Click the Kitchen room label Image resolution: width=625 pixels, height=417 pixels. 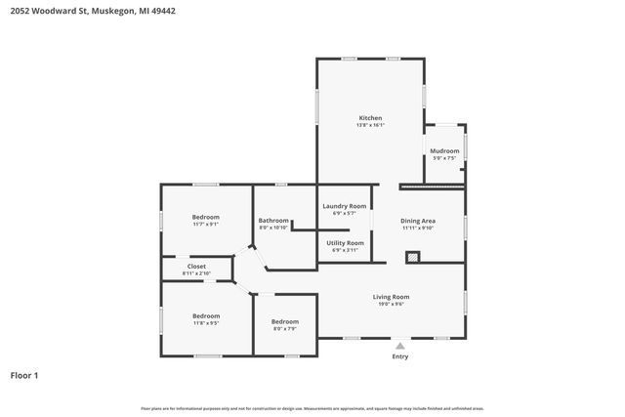[x=370, y=117]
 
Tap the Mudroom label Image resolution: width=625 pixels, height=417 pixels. [x=444, y=150]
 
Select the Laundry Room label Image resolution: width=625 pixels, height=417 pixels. [x=344, y=206]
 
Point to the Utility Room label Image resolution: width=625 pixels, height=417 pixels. [x=345, y=242]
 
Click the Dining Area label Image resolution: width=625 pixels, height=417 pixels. [x=418, y=221]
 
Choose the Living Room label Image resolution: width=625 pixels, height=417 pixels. [x=391, y=296]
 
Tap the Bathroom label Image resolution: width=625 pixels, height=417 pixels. [x=273, y=220]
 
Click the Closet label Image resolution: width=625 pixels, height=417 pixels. [x=196, y=266]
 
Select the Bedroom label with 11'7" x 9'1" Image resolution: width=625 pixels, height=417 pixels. [x=205, y=217]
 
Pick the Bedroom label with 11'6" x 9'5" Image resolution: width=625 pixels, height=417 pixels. [x=205, y=315]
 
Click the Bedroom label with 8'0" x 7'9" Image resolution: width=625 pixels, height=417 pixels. [x=284, y=321]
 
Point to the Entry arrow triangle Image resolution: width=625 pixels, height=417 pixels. [x=399, y=344]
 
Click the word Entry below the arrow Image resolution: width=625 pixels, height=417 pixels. [x=400, y=356]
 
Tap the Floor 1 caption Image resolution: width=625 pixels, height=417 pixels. [x=24, y=374]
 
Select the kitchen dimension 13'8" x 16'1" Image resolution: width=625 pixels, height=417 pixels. [x=370, y=125]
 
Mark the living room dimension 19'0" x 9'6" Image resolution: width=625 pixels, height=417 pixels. [x=391, y=304]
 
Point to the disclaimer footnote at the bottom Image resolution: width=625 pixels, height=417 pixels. [x=312, y=408]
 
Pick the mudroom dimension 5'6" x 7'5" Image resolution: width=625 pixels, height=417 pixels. [x=444, y=158]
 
